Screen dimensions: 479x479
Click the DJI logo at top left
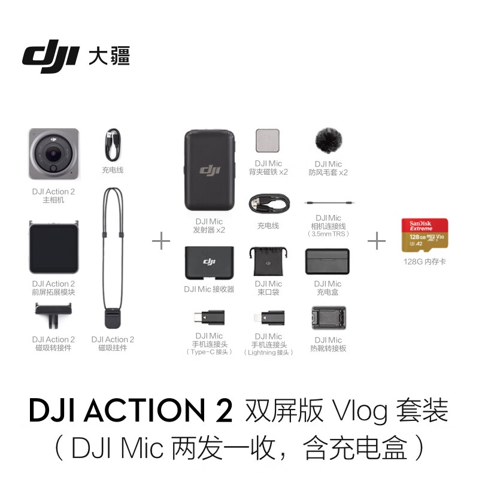tap(50, 56)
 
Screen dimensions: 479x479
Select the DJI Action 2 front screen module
tap(54, 247)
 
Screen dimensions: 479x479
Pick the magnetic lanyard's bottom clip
tap(113, 319)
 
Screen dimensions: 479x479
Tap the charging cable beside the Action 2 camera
tap(113, 145)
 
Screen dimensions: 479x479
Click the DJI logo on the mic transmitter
tap(210, 170)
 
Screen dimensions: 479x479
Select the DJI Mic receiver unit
tap(209, 263)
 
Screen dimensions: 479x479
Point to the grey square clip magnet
tap(268, 141)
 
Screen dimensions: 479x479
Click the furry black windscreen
tap(328, 140)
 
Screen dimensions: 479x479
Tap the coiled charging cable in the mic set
tap(269, 204)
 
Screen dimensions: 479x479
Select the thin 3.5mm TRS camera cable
tap(329, 202)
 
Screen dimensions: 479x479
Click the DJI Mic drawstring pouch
tap(268, 262)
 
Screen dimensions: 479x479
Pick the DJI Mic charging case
tap(327, 261)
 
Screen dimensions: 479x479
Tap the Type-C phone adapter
tap(209, 318)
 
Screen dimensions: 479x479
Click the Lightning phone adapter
tap(269, 318)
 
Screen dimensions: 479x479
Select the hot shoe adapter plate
tap(329, 318)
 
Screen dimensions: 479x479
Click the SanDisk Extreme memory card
tap(425, 235)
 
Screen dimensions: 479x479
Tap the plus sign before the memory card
tap(377, 241)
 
